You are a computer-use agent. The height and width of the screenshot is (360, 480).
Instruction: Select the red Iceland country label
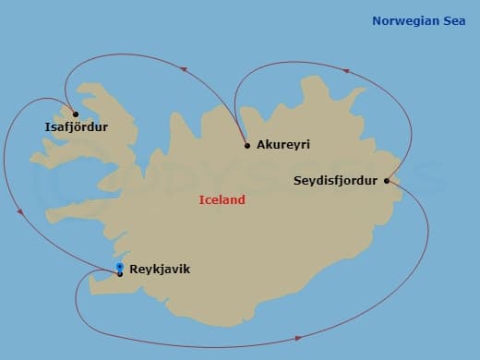click(x=222, y=199)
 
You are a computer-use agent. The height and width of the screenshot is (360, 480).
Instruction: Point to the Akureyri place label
click(x=284, y=146)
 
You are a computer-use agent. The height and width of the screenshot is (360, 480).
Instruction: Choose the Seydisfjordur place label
click(x=335, y=180)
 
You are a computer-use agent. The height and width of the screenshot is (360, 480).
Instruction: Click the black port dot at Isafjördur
click(x=64, y=114)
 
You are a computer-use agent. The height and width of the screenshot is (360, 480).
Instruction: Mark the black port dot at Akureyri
click(x=247, y=145)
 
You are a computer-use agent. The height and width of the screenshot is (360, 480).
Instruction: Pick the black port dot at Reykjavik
click(x=120, y=273)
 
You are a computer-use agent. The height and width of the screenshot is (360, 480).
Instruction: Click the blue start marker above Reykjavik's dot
click(x=120, y=267)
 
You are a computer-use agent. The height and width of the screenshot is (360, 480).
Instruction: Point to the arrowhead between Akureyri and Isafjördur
click(x=184, y=69)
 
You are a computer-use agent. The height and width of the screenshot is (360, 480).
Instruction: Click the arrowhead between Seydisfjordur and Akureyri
click(x=345, y=70)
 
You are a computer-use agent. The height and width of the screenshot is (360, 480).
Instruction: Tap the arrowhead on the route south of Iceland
click(x=297, y=338)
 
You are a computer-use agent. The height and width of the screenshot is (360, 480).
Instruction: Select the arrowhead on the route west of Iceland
click(x=20, y=212)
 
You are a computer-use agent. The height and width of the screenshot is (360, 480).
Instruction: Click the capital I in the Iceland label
click(x=201, y=199)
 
